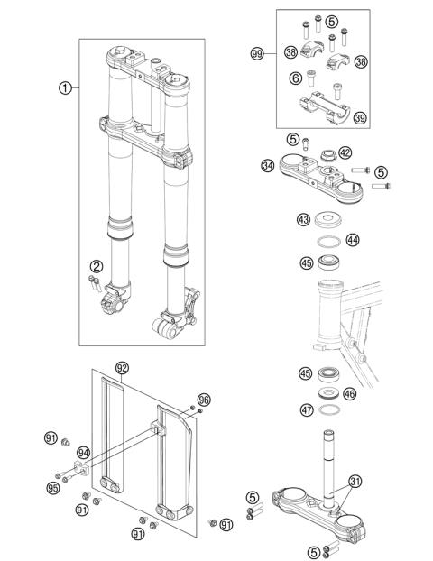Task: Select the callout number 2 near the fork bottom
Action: pos(96,265)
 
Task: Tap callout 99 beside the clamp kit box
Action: pos(257,54)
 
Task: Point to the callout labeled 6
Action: pos(294,79)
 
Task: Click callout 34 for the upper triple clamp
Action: pos(267,165)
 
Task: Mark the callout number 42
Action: pos(345,152)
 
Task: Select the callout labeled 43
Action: pos(303,220)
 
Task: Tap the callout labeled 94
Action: pos(84,453)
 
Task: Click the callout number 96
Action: pos(203,399)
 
